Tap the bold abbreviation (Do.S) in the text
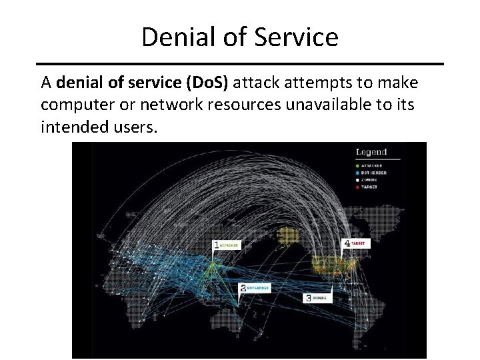tap(209, 83)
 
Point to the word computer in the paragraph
tap(74, 105)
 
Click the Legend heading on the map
tap(371, 152)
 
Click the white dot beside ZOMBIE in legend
tap(358, 179)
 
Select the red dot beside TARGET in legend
tap(358, 187)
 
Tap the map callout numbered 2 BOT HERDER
tap(253, 288)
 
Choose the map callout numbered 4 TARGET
tap(355, 244)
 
